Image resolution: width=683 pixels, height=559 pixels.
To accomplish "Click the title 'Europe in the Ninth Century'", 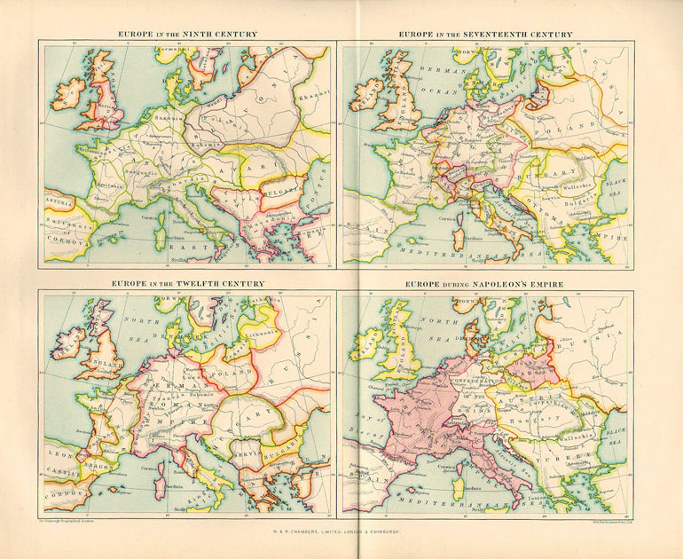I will click(x=188, y=34).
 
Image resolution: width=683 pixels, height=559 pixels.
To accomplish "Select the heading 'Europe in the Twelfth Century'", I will click(x=188, y=284).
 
